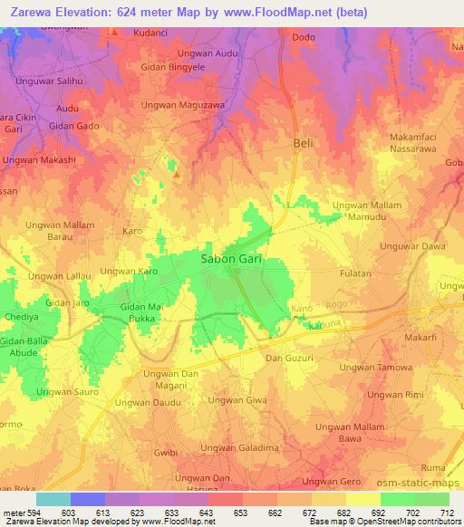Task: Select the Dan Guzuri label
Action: [x=288, y=359]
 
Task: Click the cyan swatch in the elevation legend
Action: [x=53, y=499]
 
